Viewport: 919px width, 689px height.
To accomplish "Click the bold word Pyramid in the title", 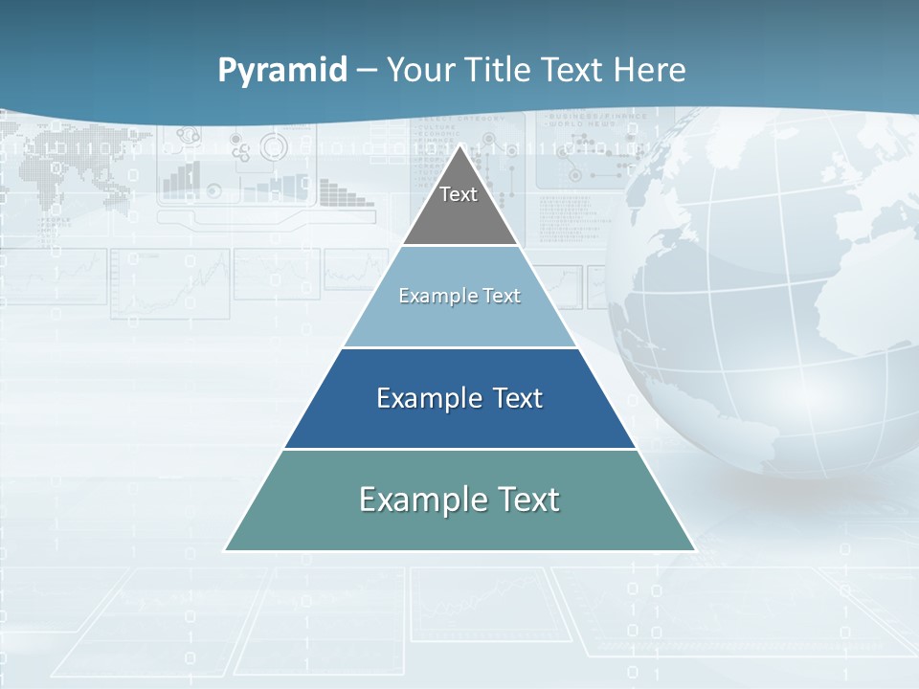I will (x=282, y=71).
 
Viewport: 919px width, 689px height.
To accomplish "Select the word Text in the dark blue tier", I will (x=518, y=398).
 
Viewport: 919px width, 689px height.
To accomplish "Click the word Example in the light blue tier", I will (x=430, y=296).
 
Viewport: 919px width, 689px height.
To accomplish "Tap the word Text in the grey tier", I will (x=459, y=194).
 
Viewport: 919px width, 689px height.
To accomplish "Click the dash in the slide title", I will (x=367, y=71).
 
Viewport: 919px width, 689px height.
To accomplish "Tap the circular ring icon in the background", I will (x=274, y=147).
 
